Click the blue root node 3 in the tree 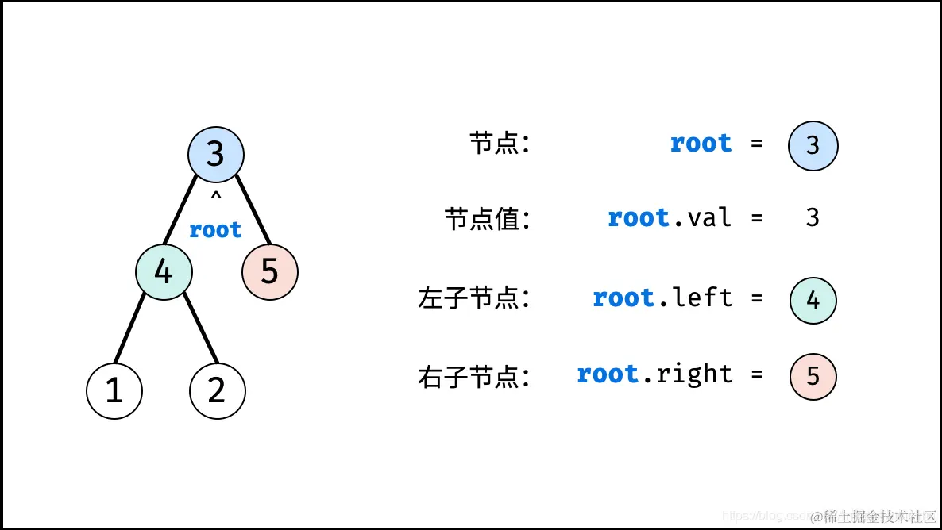point(215,154)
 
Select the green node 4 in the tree point(163,272)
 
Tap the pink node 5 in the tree point(269,272)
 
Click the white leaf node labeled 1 point(114,390)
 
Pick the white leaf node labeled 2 point(217,390)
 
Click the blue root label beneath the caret point(215,230)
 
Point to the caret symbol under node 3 point(215,195)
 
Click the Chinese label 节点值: point(487,219)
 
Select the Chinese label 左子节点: point(474,298)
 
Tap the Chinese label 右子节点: point(474,376)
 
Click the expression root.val point(669,217)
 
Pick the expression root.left point(662,298)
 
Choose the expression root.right point(654,374)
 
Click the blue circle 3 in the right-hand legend point(813,145)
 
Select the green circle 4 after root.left point(813,301)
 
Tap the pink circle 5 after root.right point(813,376)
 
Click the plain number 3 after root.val point(812,217)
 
